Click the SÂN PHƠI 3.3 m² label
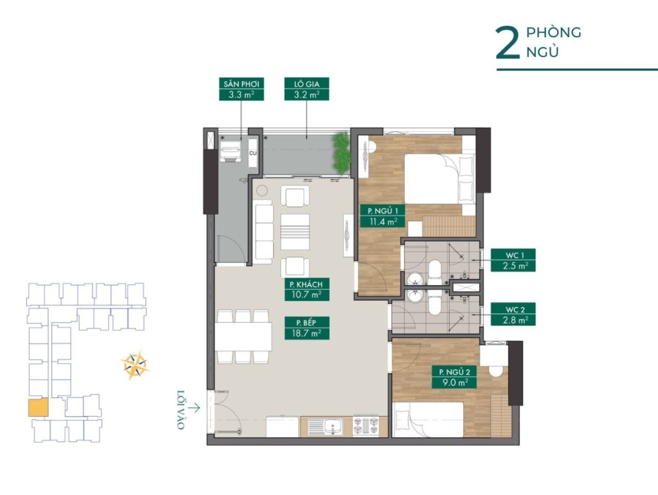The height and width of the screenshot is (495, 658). (242, 89)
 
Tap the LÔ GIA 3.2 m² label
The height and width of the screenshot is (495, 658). (307, 89)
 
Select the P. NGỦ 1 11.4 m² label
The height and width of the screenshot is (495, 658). (383, 216)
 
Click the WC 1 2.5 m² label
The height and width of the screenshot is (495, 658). (513, 260)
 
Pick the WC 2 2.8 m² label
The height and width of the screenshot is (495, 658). (513, 315)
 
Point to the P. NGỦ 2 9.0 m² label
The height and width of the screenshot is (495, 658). (454, 378)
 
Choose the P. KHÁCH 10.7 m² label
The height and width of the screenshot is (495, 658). (307, 289)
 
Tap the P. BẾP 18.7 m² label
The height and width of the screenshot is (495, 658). (307, 328)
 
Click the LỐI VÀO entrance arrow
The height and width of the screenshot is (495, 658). (194, 407)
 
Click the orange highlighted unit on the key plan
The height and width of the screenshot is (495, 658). (38, 408)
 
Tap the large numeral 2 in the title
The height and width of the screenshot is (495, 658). (508, 43)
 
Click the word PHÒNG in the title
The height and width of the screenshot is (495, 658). (554, 33)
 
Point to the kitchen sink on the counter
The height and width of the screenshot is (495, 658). (326, 427)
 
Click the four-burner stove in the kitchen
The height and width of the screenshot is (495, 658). (365, 426)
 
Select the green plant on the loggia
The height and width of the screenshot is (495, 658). (341, 154)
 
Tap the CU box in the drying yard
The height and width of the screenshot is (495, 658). (253, 153)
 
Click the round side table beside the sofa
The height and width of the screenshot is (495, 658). (262, 191)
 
